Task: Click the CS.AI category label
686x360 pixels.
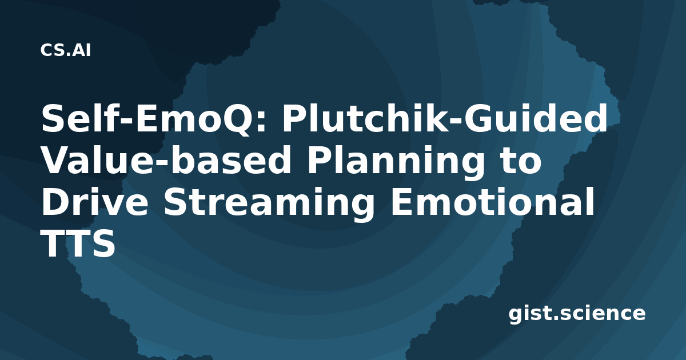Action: [x=66, y=50]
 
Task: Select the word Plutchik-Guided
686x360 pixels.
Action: [x=444, y=118]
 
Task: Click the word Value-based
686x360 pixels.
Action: [x=166, y=159]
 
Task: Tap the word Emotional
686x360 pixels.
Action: [x=492, y=201]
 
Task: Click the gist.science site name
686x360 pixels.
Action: [x=577, y=314]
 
